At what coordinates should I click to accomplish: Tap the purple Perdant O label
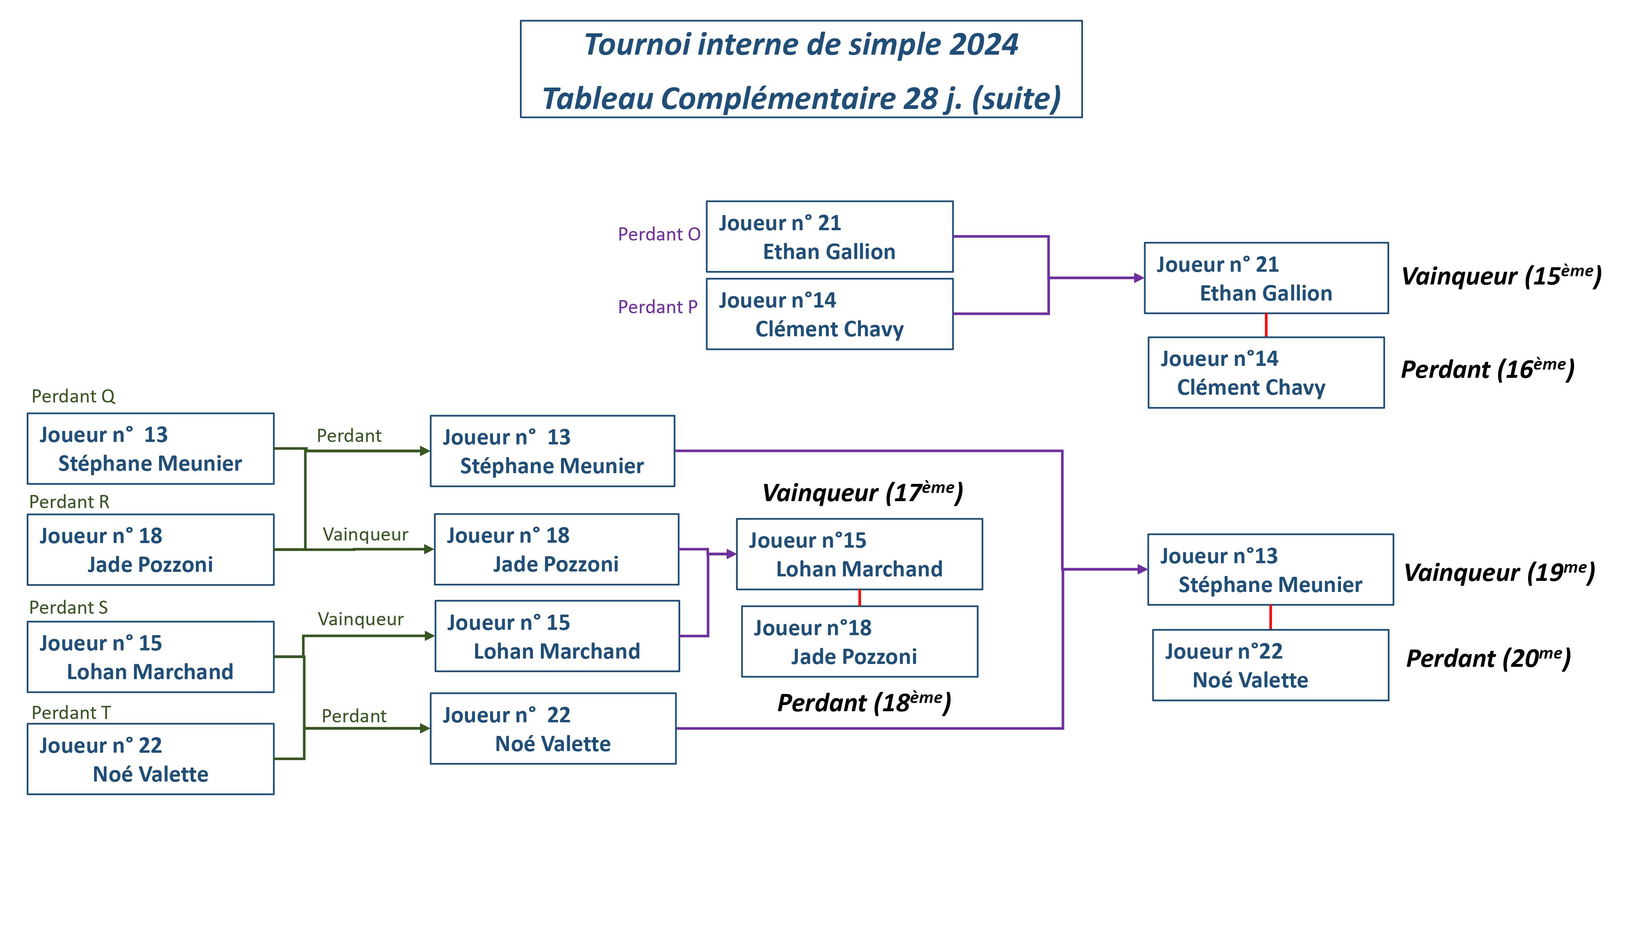[658, 234]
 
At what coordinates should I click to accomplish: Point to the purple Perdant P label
[657, 307]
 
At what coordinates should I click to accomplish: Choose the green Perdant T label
[71, 712]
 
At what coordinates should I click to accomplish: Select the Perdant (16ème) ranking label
[1487, 369]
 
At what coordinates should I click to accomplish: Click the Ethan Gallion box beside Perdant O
[829, 237]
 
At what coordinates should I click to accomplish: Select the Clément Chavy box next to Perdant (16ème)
[1265, 373]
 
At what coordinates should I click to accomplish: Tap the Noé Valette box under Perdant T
[150, 759]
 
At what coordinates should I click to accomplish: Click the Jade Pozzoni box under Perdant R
[150, 550]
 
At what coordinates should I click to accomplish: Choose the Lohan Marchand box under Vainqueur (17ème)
[859, 554]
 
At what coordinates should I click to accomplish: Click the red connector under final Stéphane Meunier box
[1270, 617]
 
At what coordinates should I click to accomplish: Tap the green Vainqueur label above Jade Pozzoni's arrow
[365, 534]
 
